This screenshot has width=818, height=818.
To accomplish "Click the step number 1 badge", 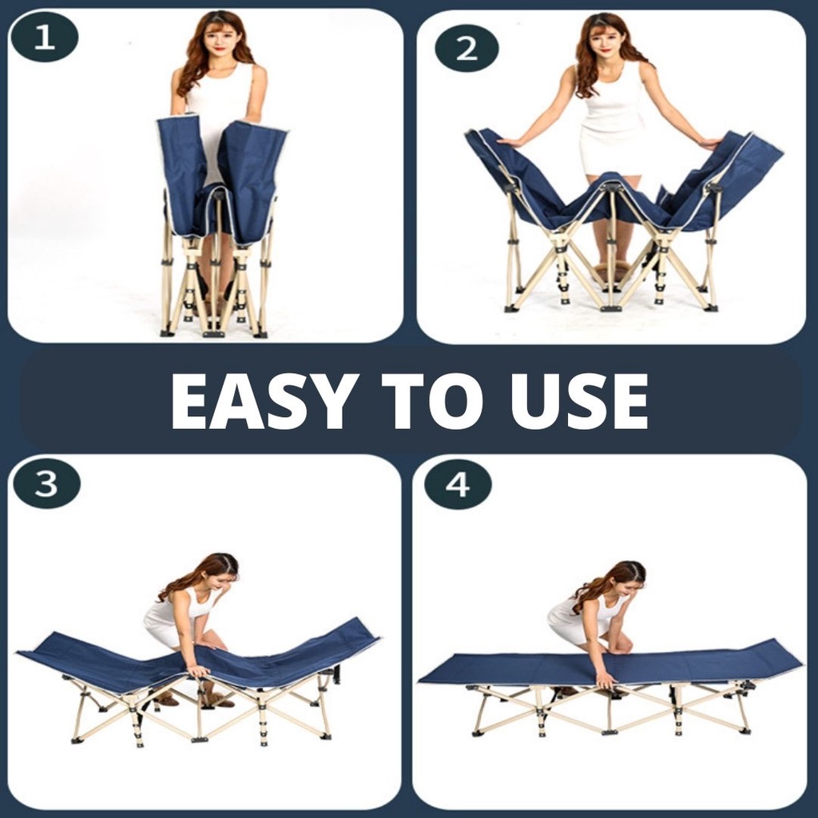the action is [x=45, y=38].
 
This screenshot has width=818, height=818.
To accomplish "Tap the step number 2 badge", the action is [x=467, y=49].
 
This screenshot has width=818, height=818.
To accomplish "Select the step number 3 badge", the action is [x=46, y=483].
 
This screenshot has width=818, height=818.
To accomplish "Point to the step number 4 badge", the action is [x=458, y=485].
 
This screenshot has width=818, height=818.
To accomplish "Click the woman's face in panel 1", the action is [x=215, y=41].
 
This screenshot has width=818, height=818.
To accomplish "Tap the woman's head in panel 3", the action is [x=219, y=571].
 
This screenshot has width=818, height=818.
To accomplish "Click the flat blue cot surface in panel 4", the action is [x=610, y=668].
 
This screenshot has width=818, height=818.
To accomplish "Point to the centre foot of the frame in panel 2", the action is [x=611, y=308].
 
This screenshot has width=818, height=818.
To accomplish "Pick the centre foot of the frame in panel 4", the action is [x=610, y=732].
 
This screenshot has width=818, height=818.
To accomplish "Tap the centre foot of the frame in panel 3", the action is [x=200, y=739].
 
